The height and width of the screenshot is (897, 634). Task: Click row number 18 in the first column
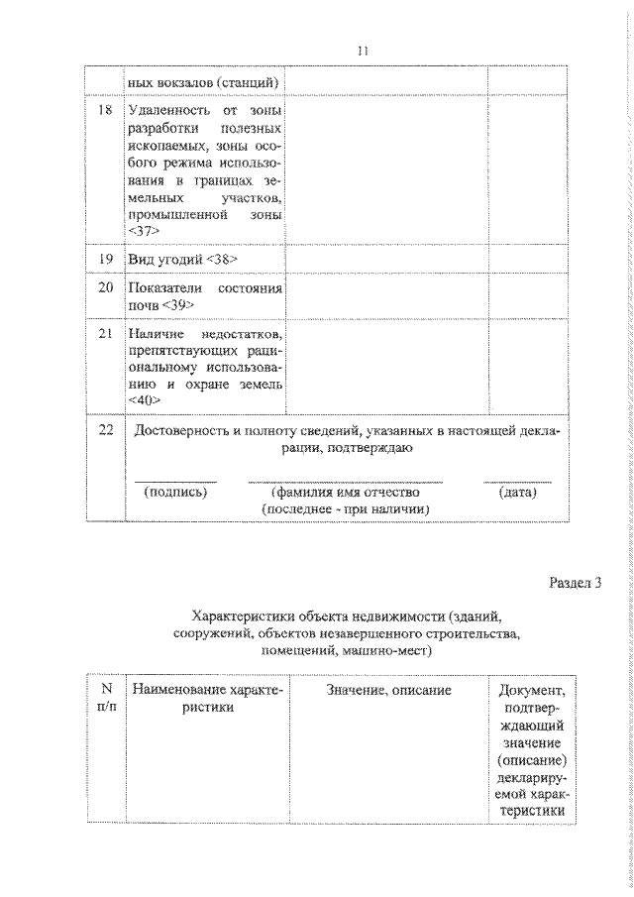pyautogui.click(x=104, y=108)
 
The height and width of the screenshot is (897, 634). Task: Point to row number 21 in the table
pyautogui.click(x=104, y=338)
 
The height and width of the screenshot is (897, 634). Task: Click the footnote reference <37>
pyautogui.click(x=144, y=230)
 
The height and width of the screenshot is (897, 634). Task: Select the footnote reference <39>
pyautogui.click(x=179, y=304)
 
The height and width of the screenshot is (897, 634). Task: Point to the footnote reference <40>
pyautogui.click(x=144, y=399)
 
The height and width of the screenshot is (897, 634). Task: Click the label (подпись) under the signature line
pyautogui.click(x=175, y=491)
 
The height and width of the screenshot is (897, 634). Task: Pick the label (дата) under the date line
pyautogui.click(x=518, y=491)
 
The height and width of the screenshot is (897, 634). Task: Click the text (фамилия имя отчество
pyautogui.click(x=345, y=491)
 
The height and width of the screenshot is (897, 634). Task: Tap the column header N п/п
pyautogui.click(x=104, y=698)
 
